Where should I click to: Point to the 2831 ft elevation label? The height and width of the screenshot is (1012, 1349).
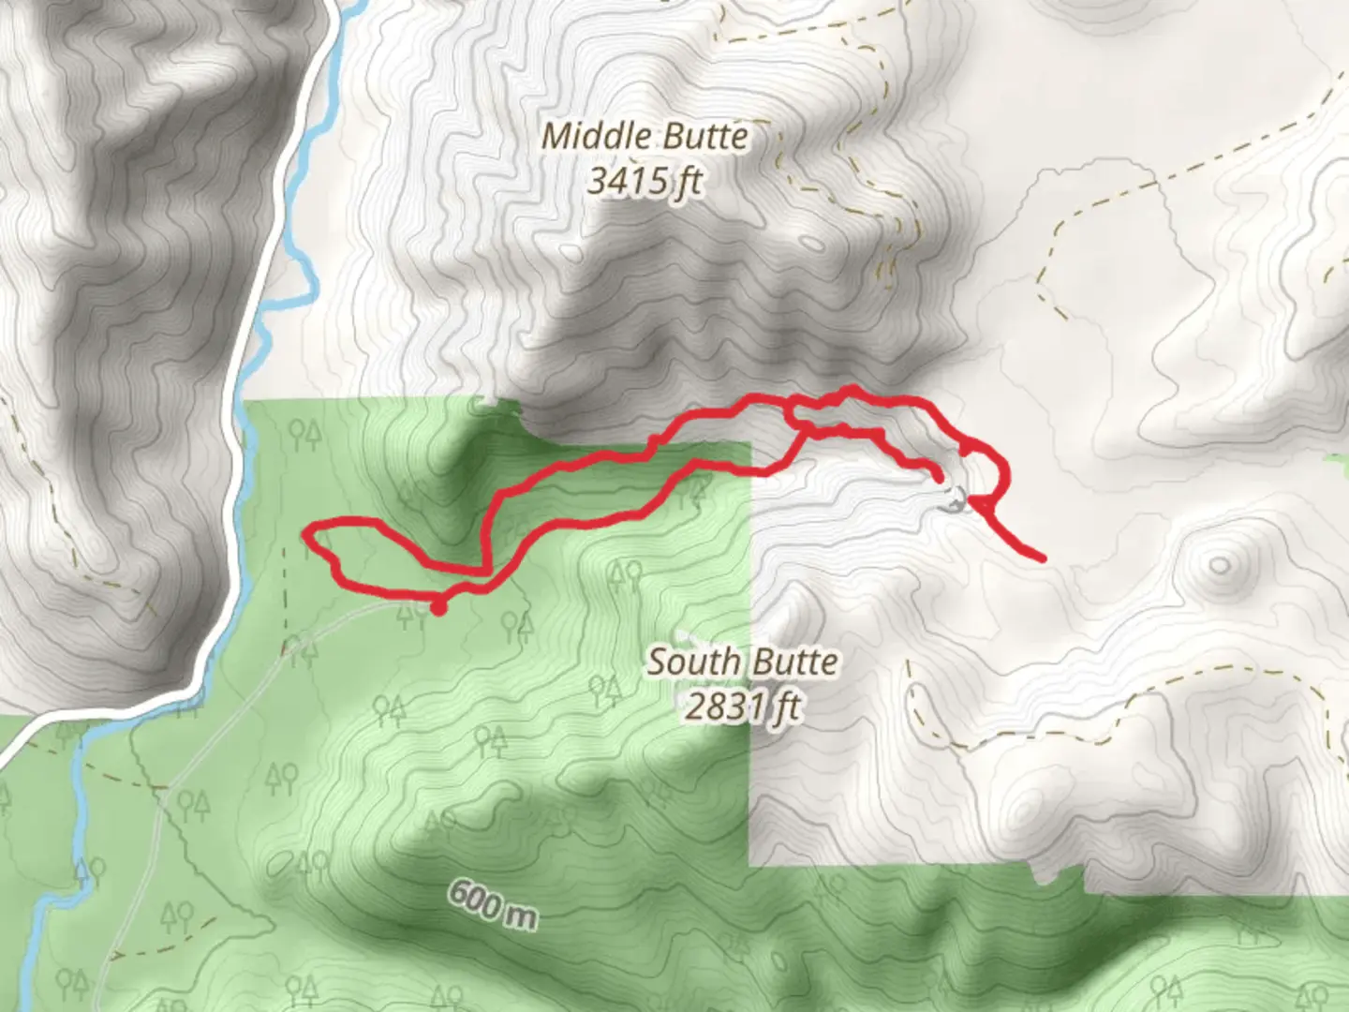pos(742,706)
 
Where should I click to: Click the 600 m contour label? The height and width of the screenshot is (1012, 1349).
pos(492,903)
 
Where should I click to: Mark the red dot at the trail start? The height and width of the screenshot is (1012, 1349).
pos(437,608)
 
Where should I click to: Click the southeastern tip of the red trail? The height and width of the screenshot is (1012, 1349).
pos(1042,558)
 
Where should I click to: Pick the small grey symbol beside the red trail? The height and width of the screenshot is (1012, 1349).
pos(955,501)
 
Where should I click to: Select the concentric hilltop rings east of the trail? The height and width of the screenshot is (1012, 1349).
pos(1219,565)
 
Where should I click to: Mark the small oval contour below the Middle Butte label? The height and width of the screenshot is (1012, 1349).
pos(812,246)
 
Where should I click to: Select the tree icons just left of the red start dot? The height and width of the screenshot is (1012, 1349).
pos(408,616)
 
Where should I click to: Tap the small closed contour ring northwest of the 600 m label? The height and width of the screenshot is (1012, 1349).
pos(280,863)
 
